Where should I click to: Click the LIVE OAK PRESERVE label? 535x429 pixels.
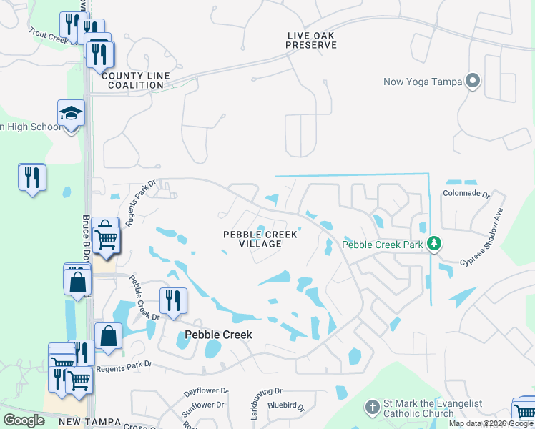coord(310,40)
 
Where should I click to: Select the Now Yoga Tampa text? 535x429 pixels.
coord(422,81)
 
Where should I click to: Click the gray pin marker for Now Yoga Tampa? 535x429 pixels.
coord(472,80)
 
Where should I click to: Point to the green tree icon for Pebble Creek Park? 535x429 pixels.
coord(433,244)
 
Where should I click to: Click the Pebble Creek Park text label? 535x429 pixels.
coord(383,245)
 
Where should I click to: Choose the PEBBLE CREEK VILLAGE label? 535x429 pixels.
coord(260,239)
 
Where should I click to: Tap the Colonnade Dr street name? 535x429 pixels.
coord(466,194)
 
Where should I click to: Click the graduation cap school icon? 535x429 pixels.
coord(71,114)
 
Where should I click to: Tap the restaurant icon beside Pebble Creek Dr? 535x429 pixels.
coord(172,300)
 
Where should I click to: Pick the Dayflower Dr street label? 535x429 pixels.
coord(205,392)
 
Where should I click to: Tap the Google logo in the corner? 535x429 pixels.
coord(24,420)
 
